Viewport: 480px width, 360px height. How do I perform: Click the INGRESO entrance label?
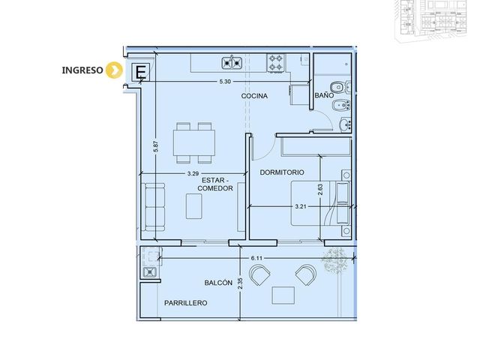82,70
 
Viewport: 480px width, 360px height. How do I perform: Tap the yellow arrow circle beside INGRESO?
114,70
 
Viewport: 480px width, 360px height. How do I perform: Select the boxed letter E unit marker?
140,72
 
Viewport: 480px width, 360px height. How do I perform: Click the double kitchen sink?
232,63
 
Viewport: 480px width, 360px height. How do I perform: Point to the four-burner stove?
276,63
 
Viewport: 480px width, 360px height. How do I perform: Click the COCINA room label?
254,96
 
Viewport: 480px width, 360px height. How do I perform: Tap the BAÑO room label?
324,95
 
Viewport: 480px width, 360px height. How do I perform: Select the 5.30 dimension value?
225,82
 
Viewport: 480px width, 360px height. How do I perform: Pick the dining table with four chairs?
194,143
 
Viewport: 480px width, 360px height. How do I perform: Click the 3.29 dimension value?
193,173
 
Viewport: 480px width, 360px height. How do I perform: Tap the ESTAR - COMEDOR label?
215,184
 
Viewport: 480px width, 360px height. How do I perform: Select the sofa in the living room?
155,207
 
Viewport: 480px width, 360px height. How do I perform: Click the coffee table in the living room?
194,206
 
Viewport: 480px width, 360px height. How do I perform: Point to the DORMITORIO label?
282,172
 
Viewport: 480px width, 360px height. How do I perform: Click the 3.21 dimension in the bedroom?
301,207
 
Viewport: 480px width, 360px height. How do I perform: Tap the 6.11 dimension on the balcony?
256,258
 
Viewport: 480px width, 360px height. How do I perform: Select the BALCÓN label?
218,283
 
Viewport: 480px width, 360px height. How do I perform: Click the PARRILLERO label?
186,303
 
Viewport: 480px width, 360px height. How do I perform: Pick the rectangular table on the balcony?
283,295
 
